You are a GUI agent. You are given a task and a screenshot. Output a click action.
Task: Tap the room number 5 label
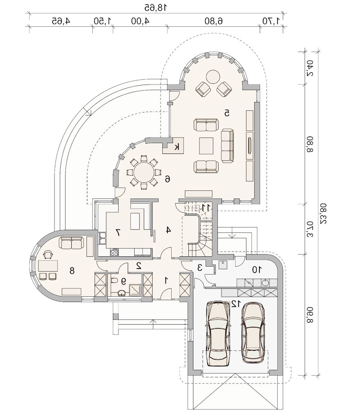coord(227,113)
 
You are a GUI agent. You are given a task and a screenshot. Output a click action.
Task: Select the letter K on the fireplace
coord(177,146)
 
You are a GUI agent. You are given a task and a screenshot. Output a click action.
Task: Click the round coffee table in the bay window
coord(213,77)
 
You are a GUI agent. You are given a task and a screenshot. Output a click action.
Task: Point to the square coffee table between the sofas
coord(206,146)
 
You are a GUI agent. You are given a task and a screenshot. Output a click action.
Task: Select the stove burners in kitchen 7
coord(114,252)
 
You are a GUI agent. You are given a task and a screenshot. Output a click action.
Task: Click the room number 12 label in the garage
coord(236,304)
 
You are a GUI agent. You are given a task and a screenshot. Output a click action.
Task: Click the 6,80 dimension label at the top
coord(214,21)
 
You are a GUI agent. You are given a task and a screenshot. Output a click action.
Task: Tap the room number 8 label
coord(72,271)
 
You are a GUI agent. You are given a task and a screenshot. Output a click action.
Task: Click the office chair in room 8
coord(48,254)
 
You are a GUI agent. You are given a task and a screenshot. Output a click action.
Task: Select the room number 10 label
coord(257,270)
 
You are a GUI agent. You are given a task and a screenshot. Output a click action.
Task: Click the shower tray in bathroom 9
coord(135,290)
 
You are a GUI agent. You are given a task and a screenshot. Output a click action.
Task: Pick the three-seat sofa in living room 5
coord(227,146)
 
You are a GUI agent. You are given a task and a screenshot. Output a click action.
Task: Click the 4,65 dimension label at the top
coord(61,21)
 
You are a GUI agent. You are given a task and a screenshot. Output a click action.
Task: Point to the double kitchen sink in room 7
coord(102,238)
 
